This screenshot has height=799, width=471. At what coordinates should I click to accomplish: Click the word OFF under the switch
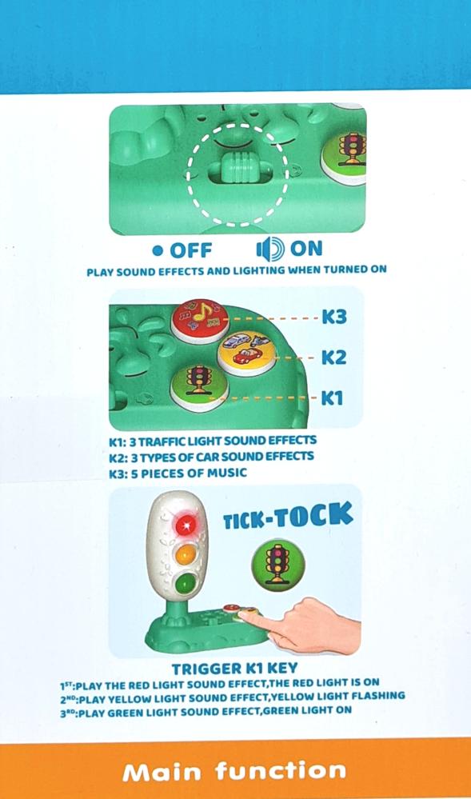(190, 250)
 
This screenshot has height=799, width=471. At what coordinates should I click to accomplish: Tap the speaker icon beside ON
(270, 250)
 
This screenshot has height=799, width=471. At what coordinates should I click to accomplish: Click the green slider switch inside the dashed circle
(238, 168)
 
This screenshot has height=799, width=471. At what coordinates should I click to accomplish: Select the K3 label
(334, 318)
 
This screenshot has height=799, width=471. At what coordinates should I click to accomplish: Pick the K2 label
(334, 358)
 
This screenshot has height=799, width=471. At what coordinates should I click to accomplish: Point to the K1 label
(332, 398)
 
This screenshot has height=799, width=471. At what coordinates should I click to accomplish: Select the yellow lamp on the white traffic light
(186, 554)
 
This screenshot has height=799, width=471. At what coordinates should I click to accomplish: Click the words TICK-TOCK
(288, 517)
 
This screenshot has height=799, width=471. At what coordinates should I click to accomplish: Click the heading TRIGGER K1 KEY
(234, 668)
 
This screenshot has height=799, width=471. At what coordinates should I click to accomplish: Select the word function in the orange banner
(281, 770)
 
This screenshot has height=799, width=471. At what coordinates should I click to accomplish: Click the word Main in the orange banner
(162, 772)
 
